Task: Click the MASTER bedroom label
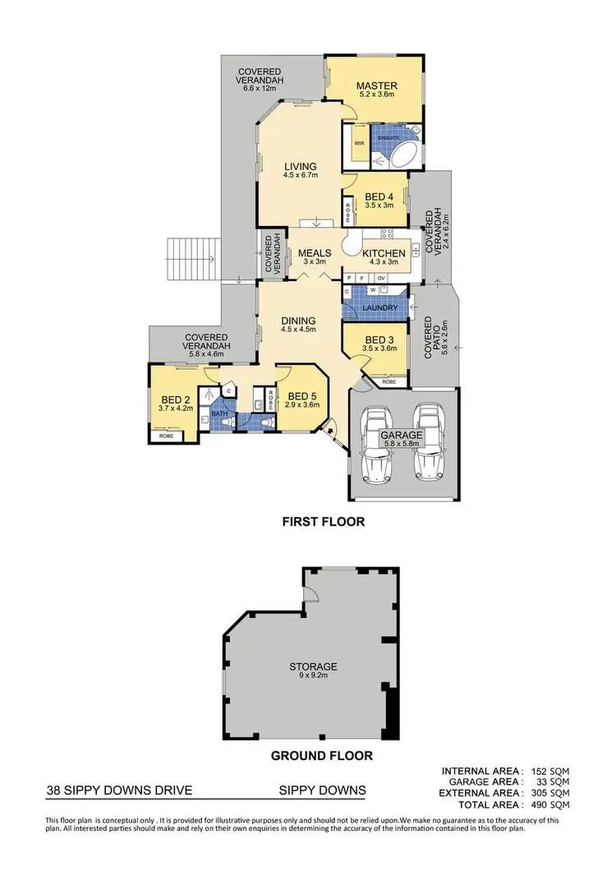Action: coord(377,85)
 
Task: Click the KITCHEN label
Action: coord(384,253)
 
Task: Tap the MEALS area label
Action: coord(315,253)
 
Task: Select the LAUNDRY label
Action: coord(380,308)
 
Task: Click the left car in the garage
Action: coord(376,445)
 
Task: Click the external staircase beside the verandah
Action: coord(190,258)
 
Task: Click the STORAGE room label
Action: coord(313,666)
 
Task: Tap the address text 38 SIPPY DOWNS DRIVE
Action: coord(119,791)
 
